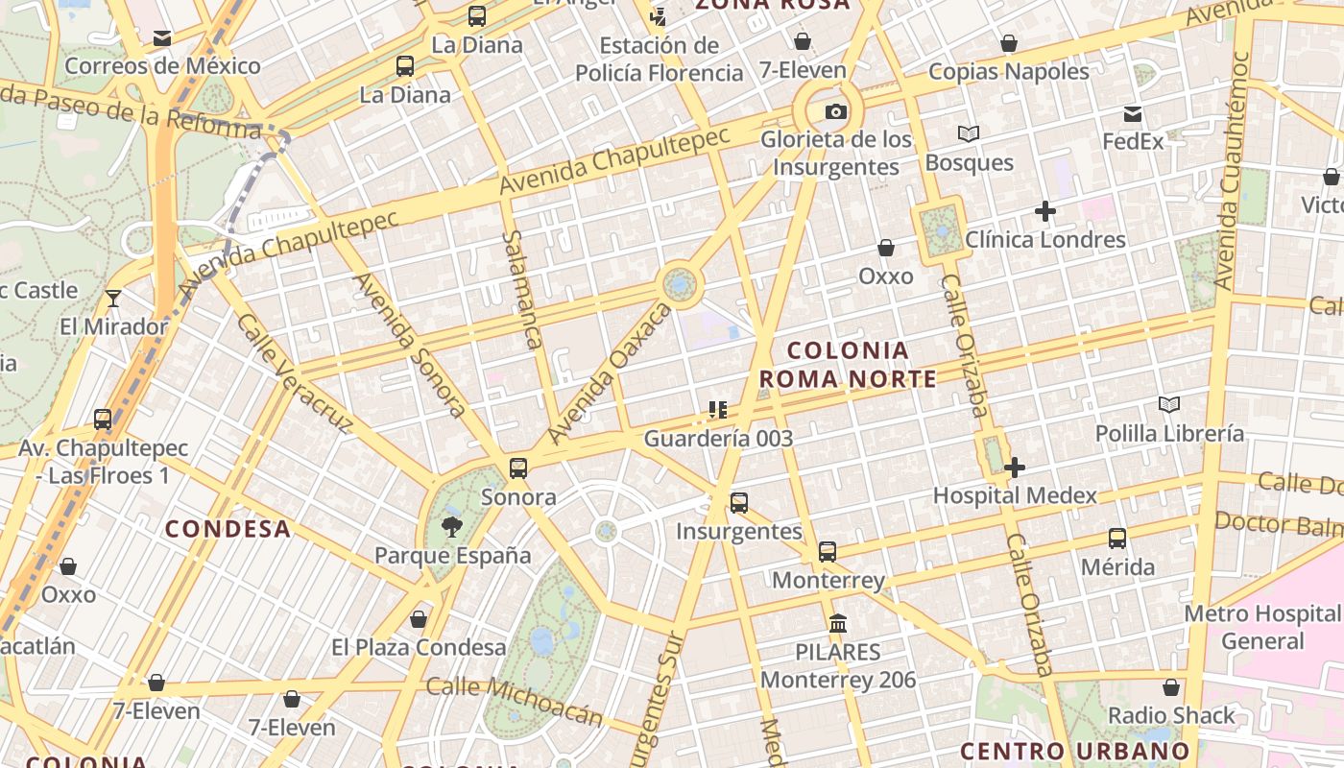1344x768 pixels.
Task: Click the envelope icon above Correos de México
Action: point(162,38)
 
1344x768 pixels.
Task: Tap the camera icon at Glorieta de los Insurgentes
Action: point(836,111)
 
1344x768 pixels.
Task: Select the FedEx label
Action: point(1133,141)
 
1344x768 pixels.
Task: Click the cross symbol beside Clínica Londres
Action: point(1045,211)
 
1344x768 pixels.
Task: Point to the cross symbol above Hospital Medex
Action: point(1015,468)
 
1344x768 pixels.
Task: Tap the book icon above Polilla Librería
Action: point(1168,405)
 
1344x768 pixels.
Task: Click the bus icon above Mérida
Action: point(1117,539)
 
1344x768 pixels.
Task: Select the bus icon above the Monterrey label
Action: point(828,552)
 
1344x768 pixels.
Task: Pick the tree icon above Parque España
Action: point(451,526)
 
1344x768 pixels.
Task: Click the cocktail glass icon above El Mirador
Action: point(113,299)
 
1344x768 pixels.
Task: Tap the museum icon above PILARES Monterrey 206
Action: point(838,623)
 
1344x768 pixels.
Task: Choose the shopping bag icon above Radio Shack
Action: point(1171,687)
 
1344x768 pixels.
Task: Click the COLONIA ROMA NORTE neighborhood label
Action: point(848,365)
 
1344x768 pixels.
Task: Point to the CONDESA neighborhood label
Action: point(228,529)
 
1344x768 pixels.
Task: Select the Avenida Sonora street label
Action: point(410,345)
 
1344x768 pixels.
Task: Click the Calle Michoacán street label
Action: point(515,700)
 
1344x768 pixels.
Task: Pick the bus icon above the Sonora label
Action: point(518,468)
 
